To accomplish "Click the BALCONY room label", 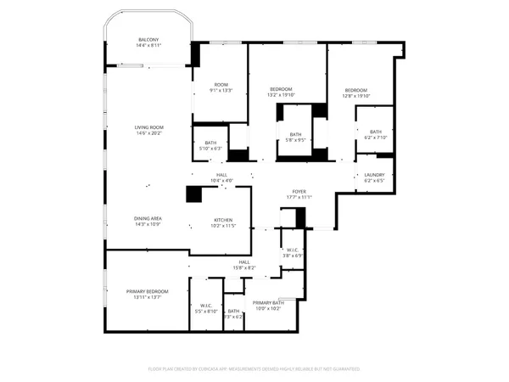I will click(148, 40).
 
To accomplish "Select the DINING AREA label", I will click(148, 219).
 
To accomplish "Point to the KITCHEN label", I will click(223, 219).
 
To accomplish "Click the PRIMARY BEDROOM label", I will click(148, 291).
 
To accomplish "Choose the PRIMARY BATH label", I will click(267, 303).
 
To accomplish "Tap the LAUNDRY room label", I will click(374, 175).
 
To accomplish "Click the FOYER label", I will click(299, 191).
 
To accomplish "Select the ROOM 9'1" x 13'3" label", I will click(221, 85).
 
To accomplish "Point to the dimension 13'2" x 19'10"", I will click(281, 95).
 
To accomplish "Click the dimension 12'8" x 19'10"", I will click(355, 96).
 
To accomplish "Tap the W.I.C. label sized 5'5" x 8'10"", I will click(206, 306).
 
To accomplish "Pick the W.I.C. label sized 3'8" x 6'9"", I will click(293, 250).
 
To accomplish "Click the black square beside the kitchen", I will click(195, 194).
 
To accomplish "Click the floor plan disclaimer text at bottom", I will click(255, 369).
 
